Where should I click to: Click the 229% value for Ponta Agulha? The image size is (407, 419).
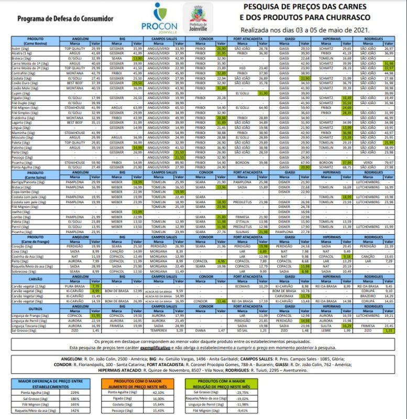[74, 392]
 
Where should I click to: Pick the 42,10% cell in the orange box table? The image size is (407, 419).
[158, 392]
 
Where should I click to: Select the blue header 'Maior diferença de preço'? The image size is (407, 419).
[50, 384]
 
